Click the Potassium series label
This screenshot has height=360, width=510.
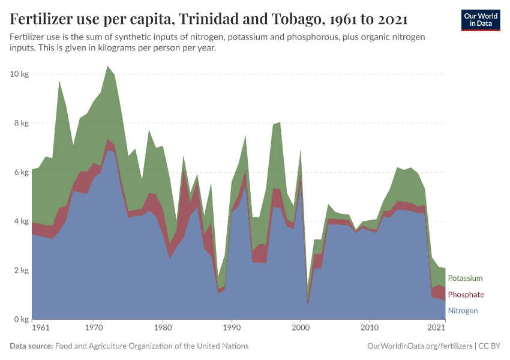pos(465,278)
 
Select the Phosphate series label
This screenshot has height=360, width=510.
pos(466,295)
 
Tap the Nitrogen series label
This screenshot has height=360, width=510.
pos(463,311)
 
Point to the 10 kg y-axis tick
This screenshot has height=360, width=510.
pos(20,74)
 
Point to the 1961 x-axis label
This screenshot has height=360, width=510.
pos(40,329)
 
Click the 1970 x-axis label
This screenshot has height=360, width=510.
pos(93,329)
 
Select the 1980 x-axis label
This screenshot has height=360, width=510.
pos(162,329)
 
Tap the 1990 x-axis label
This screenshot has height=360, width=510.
pos(231,329)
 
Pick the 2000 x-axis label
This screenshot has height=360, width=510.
pos(300,329)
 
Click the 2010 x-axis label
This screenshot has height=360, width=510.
pos(369,329)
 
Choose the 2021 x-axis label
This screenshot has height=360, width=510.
pos(436,329)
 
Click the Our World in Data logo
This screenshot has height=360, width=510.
pos(480,20)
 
